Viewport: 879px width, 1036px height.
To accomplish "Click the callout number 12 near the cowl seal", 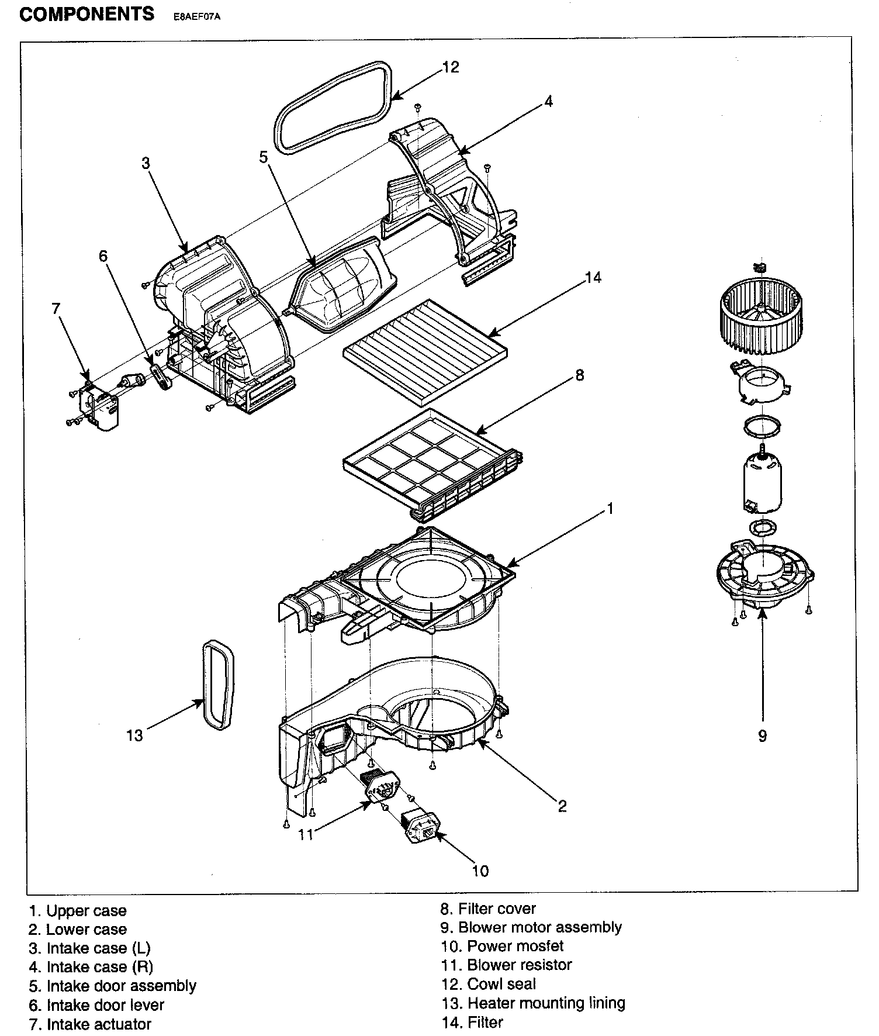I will [x=451, y=67].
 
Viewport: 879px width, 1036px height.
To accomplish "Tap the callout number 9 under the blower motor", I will [x=762, y=735].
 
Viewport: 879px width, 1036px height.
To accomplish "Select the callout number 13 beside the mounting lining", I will [x=134, y=735].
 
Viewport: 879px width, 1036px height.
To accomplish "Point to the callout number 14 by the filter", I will [x=592, y=277].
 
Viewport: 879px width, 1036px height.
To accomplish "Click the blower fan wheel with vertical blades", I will [x=760, y=316].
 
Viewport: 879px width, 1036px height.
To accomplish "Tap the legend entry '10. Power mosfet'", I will [x=502, y=945].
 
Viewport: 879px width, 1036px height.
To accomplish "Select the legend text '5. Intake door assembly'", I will [x=112, y=986].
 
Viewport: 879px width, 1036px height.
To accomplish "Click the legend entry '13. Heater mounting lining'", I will [x=533, y=1003].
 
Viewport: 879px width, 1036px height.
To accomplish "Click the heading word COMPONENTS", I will [x=87, y=14].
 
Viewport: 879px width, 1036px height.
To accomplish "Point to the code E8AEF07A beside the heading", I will [x=197, y=18].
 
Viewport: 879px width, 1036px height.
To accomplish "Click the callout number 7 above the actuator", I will [x=56, y=308].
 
